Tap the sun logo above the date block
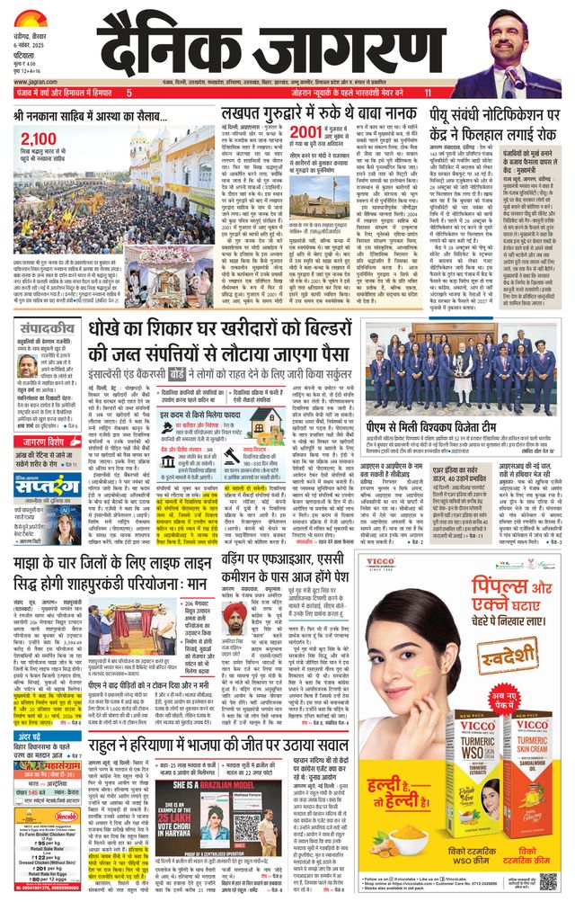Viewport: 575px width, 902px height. (30, 16)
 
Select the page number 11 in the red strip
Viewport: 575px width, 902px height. (429, 93)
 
